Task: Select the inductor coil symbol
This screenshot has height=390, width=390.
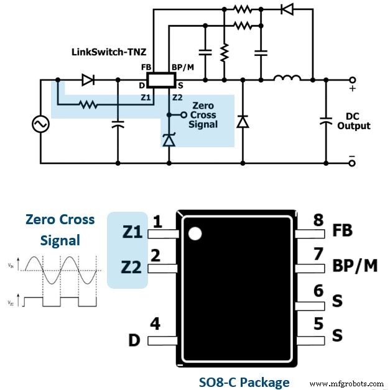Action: pyautogui.click(x=287, y=79)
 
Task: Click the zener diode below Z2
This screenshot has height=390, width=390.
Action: pyautogui.click(x=169, y=140)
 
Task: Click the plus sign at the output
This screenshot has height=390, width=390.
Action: pyautogui.click(x=353, y=89)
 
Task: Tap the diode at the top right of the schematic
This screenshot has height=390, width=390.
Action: pyautogui.click(x=287, y=9)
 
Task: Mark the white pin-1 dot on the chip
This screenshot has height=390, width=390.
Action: pyautogui.click(x=195, y=234)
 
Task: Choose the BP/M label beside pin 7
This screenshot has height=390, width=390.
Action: pyautogui.click(x=355, y=265)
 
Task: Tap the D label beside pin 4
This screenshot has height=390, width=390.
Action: pyautogui.click(x=133, y=340)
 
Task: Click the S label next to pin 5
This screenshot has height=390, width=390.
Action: pyautogui.click(x=337, y=335)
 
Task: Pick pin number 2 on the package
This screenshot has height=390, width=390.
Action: pyautogui.click(x=156, y=255)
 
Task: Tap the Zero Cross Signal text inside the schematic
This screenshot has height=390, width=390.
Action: pyautogui.click(x=204, y=115)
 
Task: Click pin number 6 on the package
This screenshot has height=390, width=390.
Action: pyautogui.click(x=318, y=290)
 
